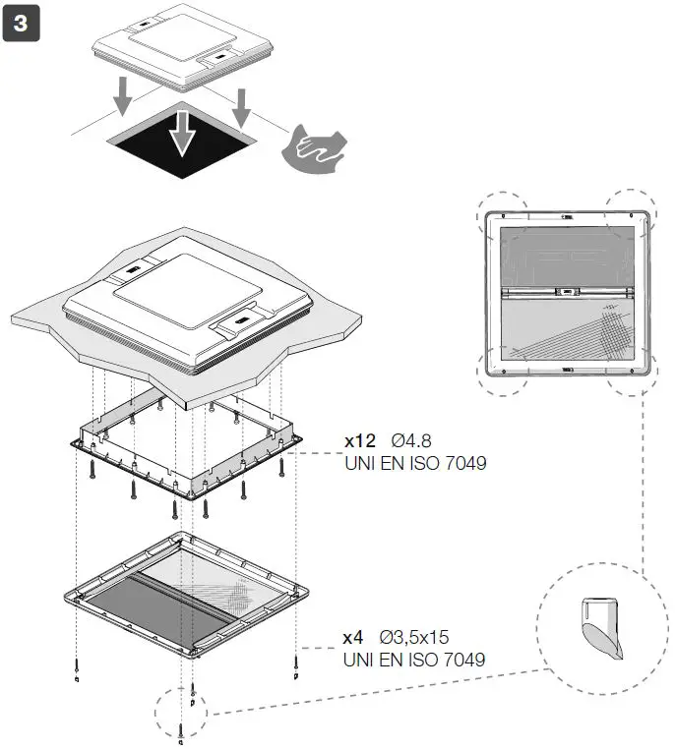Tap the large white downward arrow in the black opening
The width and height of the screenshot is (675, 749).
pyautogui.click(x=179, y=133)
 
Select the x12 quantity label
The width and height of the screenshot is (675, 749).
pyautogui.click(x=359, y=440)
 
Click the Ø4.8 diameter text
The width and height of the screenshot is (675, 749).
pyautogui.click(x=411, y=440)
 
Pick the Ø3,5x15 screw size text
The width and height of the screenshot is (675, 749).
pyautogui.click(x=420, y=637)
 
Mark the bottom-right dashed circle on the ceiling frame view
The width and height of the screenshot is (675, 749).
pyautogui.click(x=631, y=372)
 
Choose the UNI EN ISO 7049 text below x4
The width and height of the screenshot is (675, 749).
pyautogui.click(x=414, y=659)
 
